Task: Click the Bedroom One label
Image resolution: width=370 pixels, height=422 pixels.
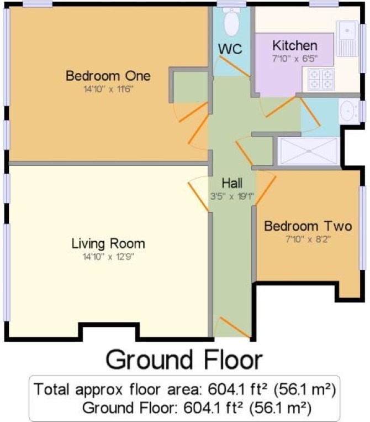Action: click(108, 76)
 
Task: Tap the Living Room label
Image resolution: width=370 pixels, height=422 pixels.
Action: click(108, 243)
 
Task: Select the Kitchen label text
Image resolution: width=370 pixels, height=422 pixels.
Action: click(295, 45)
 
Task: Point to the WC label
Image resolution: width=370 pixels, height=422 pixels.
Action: click(230, 49)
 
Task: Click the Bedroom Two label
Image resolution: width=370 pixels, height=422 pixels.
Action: click(308, 226)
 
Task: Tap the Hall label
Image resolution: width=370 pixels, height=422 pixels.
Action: click(232, 183)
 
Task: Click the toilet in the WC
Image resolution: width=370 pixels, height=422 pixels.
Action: click(231, 22)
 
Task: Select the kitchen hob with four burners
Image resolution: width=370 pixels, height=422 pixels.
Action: click(321, 79)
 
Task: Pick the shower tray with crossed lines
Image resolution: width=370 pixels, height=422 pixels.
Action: click(309, 151)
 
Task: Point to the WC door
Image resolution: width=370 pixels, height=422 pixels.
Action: click(235, 66)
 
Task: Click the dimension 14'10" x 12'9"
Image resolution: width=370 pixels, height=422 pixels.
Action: click(108, 257)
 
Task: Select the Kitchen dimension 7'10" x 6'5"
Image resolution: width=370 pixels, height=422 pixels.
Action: click(295, 59)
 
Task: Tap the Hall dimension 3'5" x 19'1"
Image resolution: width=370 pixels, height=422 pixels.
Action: click(232, 196)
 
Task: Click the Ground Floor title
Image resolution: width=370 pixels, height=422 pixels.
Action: click(184, 360)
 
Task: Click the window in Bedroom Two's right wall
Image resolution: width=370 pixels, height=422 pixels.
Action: click(363, 228)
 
